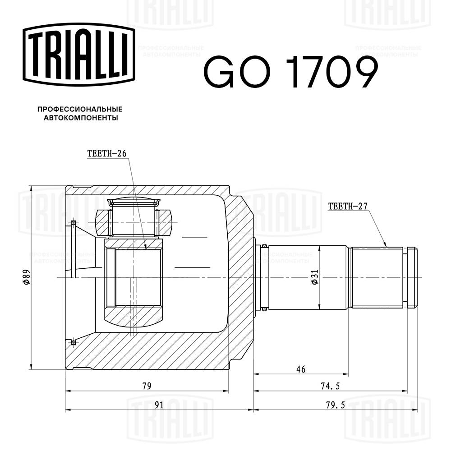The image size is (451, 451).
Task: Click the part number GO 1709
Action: coord(290,72)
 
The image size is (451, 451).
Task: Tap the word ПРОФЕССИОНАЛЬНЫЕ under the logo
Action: coord(80,109)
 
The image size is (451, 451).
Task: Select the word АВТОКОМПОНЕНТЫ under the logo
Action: coord(80,118)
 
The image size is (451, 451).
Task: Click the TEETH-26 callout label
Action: coord(106,153)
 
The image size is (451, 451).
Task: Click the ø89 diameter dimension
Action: coord(26,276)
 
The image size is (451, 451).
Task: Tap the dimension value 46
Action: coord(301,369)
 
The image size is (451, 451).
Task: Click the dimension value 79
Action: coord(147,386)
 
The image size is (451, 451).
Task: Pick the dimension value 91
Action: coord(159,405)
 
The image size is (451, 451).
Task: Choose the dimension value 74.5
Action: coord(330,386)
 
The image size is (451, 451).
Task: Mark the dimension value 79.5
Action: coord(334,405)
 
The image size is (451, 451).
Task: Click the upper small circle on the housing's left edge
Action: coord(73,223)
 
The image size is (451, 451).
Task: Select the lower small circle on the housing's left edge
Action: coord(73,343)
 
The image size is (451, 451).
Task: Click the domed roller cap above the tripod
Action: coord(134,202)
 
